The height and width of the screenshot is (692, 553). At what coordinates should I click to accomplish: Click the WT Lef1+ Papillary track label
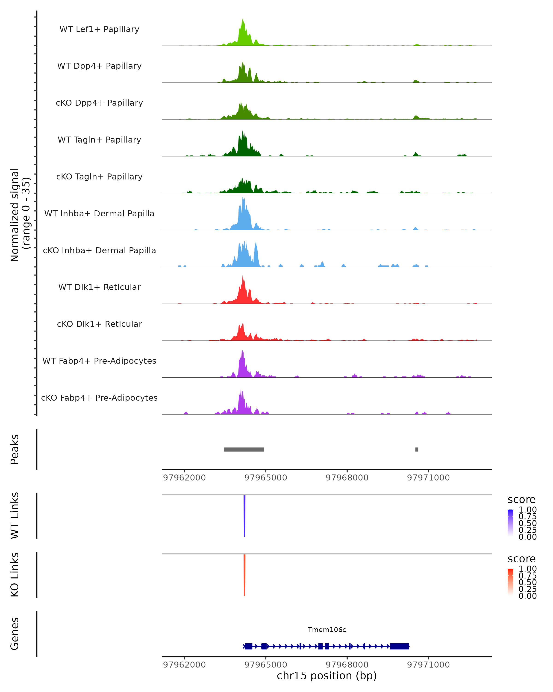click(99, 29)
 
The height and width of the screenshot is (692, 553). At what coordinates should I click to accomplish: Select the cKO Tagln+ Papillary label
click(99, 176)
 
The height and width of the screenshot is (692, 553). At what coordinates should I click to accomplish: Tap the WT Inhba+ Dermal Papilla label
click(99, 213)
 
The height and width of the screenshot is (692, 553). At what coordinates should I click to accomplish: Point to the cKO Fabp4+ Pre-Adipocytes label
click(99, 398)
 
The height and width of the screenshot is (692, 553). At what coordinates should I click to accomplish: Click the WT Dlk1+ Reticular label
click(99, 287)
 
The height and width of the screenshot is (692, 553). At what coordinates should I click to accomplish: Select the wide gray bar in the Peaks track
click(244, 449)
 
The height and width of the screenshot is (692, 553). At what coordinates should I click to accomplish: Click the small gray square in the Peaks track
click(417, 449)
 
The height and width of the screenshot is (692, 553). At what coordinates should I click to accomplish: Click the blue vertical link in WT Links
click(244, 515)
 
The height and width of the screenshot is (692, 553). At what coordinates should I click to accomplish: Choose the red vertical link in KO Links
click(244, 575)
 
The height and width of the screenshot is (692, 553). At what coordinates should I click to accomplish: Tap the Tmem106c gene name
click(327, 630)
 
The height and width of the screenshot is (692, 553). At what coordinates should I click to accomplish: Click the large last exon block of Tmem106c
click(400, 646)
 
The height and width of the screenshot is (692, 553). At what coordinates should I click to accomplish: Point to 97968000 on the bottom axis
click(347, 664)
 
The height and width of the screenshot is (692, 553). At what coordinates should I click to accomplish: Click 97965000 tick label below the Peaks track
click(266, 478)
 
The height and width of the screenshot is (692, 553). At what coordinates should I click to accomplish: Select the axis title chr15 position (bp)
click(327, 676)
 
